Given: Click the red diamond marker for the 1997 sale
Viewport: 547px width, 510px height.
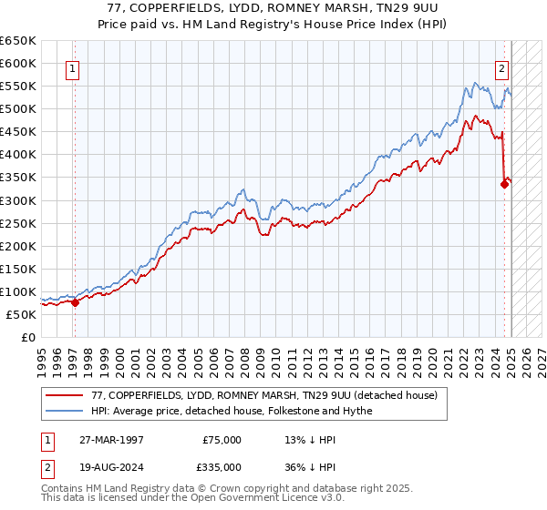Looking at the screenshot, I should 75,303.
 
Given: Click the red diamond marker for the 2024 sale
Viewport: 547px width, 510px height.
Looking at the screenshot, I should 504,184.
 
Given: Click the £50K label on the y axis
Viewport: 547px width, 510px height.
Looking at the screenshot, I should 22,314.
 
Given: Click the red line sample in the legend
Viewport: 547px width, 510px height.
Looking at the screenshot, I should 65,395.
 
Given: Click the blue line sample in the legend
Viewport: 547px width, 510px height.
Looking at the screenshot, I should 65,411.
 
